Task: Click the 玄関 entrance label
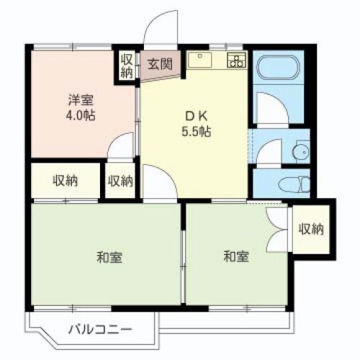click(160, 64)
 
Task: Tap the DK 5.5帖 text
click(196, 125)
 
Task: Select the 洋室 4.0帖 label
click(81, 108)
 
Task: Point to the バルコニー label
click(100, 329)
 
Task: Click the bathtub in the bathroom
click(278, 67)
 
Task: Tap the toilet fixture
click(294, 184)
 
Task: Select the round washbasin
click(300, 152)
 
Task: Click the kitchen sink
click(200, 60)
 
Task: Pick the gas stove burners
click(236, 60)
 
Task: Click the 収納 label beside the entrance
click(127, 66)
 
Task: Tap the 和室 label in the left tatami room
click(109, 257)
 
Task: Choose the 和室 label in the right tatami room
click(236, 256)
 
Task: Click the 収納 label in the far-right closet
click(311, 229)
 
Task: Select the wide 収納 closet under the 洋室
click(66, 181)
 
